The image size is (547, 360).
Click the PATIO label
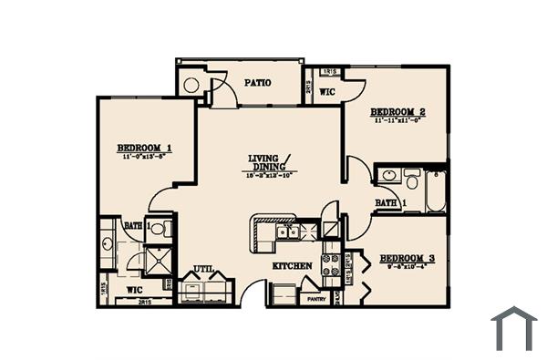(x=256, y=83)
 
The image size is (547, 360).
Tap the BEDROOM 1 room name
(x=145, y=148)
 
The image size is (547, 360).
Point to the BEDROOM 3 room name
(x=407, y=259)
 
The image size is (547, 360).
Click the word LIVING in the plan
(x=263, y=159)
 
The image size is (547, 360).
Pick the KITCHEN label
(x=292, y=266)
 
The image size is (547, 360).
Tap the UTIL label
(x=201, y=269)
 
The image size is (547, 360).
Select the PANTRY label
(x=315, y=299)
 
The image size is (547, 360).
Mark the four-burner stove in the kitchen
(x=329, y=264)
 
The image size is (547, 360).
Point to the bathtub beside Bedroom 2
(x=436, y=192)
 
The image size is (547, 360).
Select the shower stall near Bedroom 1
(x=157, y=260)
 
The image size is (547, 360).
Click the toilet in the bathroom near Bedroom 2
(x=411, y=178)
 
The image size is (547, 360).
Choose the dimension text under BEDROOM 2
(x=398, y=119)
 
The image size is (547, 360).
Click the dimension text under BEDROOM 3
(x=407, y=268)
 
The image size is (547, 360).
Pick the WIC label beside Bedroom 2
(x=327, y=92)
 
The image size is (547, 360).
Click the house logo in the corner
(x=513, y=328)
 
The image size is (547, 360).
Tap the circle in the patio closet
(x=191, y=86)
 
